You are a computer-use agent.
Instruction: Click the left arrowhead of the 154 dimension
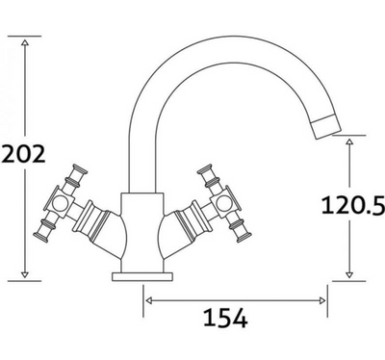tap(149, 299)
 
